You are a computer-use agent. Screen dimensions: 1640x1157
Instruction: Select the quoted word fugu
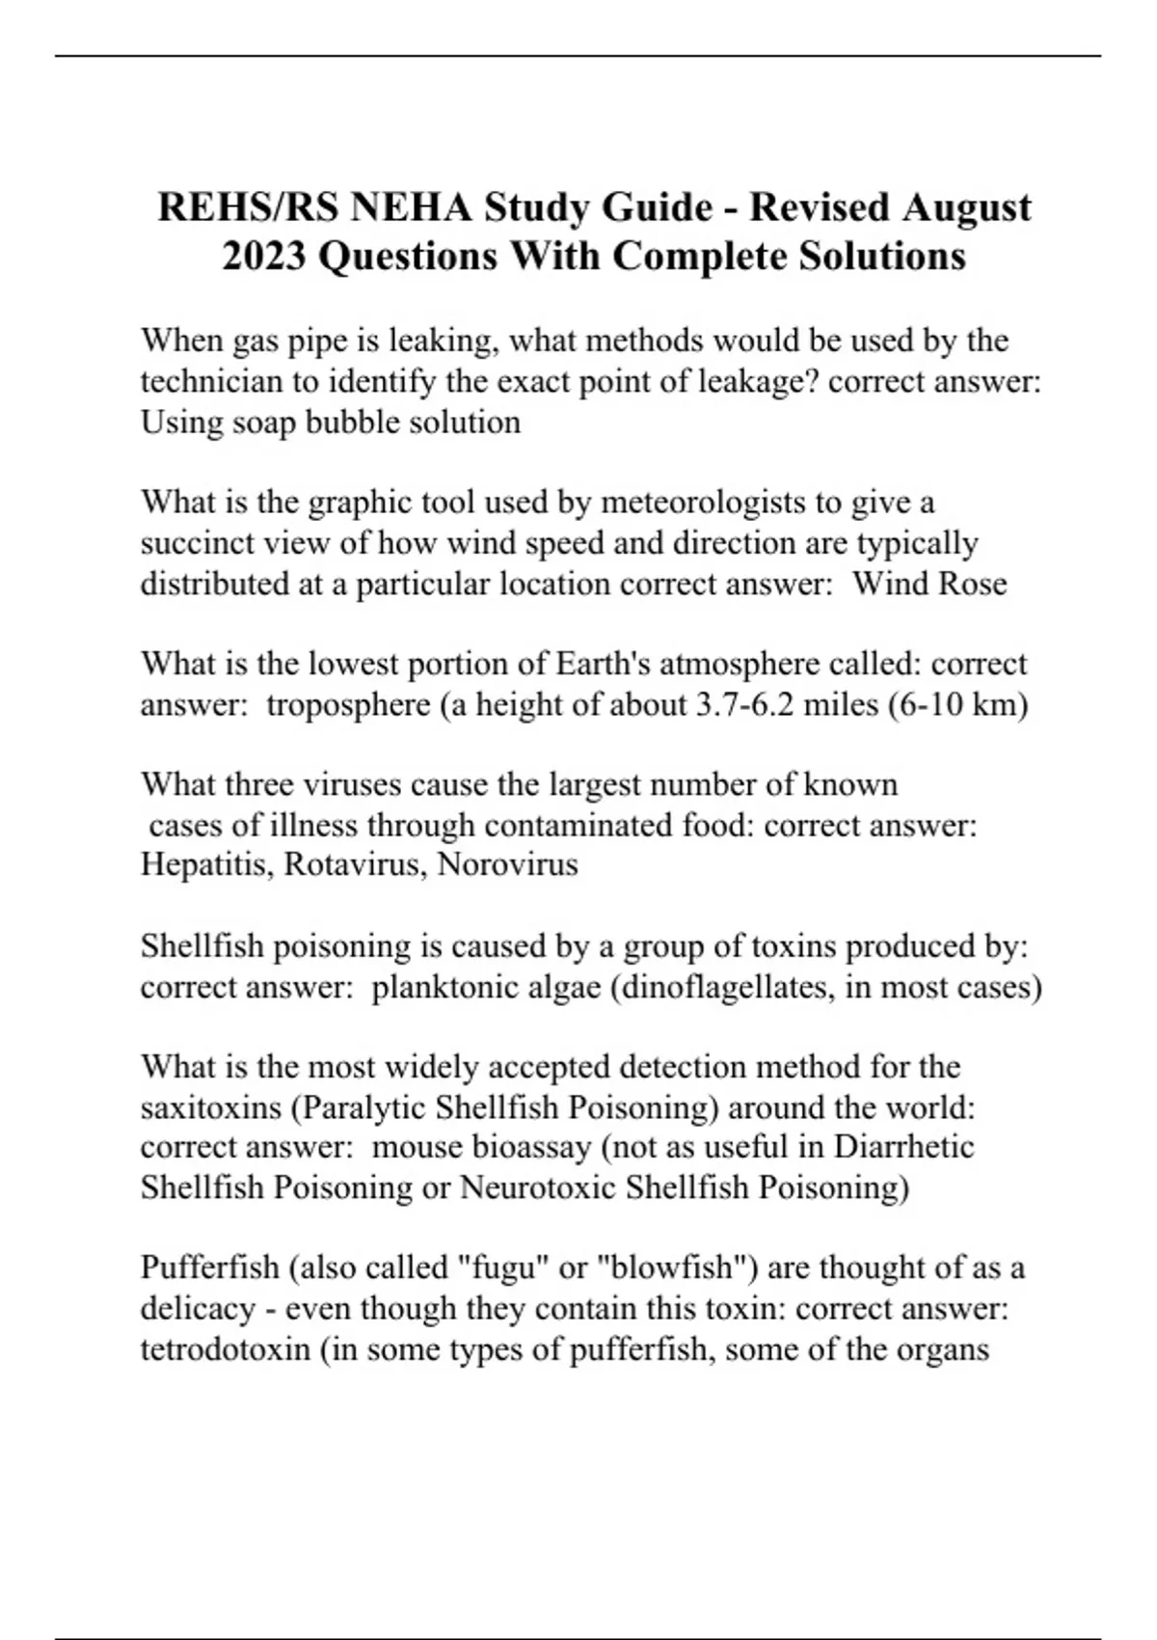(506, 1268)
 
